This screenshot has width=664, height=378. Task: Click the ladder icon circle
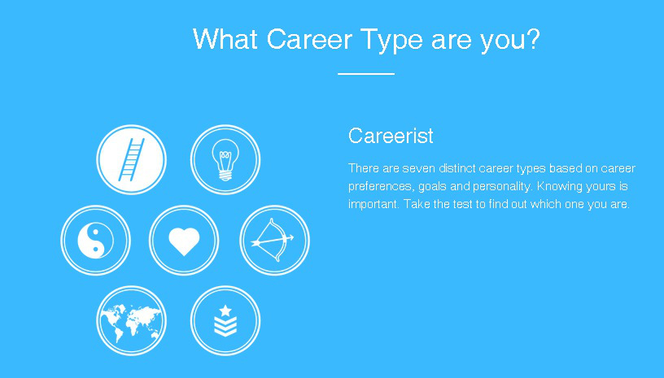[x=131, y=159]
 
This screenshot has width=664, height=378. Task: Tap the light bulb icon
[x=225, y=159]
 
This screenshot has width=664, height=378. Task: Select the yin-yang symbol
[x=96, y=240]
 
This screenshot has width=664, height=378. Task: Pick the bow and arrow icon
[x=273, y=240]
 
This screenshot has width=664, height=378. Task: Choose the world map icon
[x=131, y=320]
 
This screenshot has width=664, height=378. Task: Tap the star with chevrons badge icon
[x=225, y=320]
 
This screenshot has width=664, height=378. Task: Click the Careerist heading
[x=391, y=136]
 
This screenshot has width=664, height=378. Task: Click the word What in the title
[x=225, y=39]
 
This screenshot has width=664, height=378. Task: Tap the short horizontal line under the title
[x=366, y=74]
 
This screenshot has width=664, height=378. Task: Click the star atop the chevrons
[x=225, y=311]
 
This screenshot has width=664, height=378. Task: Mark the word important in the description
[x=373, y=205]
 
